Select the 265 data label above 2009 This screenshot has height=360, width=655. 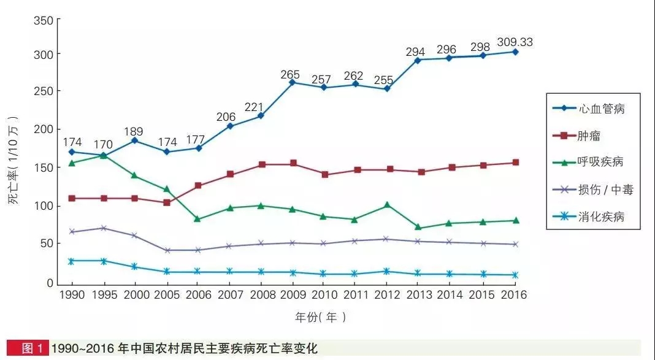[x=290, y=75]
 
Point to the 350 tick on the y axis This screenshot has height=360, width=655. [x=42, y=20]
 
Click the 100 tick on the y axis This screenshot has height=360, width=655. [x=42, y=206]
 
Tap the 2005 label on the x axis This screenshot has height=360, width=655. [x=166, y=295]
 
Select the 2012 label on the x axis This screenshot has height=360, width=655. [x=387, y=295]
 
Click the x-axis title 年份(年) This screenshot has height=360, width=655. [x=320, y=317]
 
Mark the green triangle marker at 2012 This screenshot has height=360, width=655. [x=387, y=205]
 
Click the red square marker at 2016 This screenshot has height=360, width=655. [x=515, y=163]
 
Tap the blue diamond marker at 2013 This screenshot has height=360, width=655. [x=418, y=60]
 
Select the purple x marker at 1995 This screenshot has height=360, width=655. [x=103, y=228]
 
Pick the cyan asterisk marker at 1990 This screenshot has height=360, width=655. [x=72, y=261]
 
